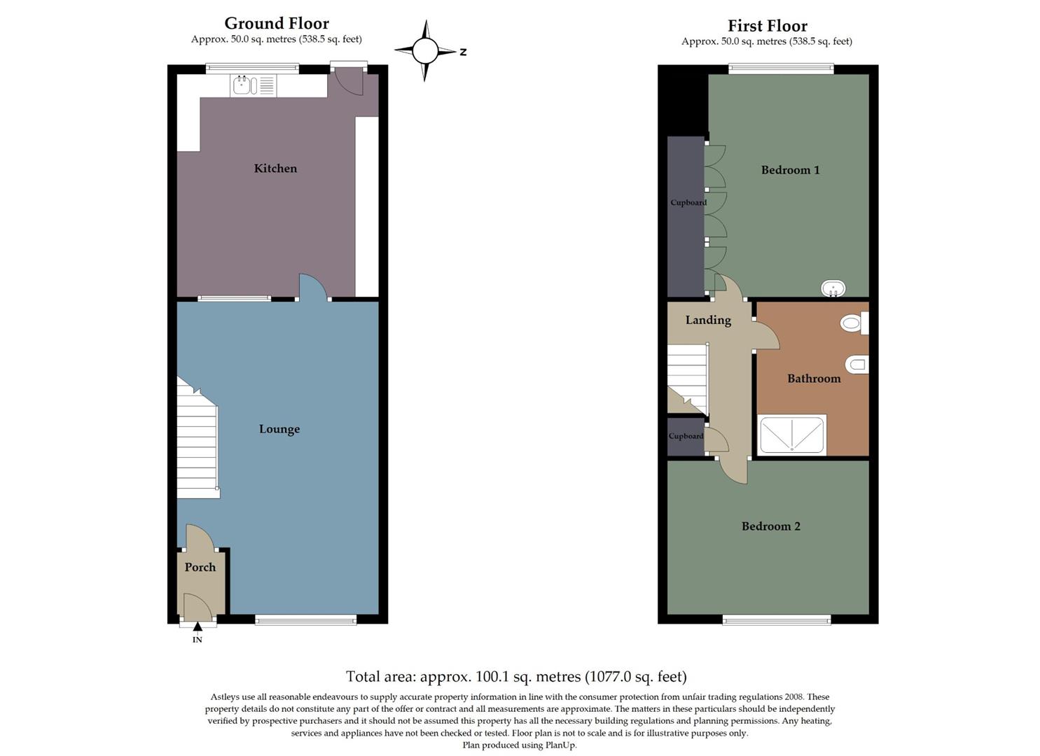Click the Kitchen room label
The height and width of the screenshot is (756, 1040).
coord(275,168)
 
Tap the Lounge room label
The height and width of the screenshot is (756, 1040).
coord(279,429)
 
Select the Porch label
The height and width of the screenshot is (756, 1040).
coord(200,567)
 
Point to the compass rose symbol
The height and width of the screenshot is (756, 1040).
coord(424,50)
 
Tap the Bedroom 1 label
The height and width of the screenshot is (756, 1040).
coord(790,169)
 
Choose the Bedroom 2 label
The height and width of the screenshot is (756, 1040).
coord(770,526)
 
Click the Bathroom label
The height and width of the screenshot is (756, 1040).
coord(814,378)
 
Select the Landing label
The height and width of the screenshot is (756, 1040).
coord(708,320)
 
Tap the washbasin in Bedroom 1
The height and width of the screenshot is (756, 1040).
coord(833,288)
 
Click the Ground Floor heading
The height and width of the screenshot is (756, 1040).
coord(277,23)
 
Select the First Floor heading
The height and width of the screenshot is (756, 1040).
coord(767,26)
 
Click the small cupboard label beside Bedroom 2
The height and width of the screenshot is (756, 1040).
coord(686,436)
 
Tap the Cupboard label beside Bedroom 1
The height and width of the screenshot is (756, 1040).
coord(688,202)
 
